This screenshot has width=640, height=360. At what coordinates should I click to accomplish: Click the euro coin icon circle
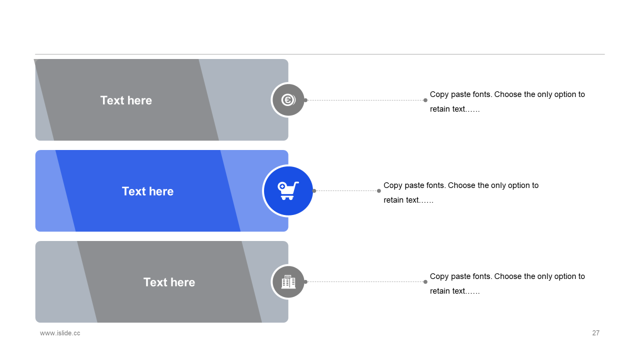point(288,100)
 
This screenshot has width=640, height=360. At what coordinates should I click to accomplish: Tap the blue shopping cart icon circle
point(288,190)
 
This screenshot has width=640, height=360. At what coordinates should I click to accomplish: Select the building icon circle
point(288,281)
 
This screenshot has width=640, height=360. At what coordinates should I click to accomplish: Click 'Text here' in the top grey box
point(126,100)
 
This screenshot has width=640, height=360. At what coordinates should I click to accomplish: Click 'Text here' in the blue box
point(147,191)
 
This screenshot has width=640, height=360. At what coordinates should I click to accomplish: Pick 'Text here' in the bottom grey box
point(169,282)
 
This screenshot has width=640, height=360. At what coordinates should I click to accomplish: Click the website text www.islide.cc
point(60,333)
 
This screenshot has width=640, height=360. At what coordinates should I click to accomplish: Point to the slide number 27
point(595,333)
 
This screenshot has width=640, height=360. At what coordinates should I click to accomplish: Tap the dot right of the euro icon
point(305,100)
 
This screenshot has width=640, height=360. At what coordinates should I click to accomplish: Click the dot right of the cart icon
point(314,190)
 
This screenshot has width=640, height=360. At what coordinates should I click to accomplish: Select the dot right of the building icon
point(305,281)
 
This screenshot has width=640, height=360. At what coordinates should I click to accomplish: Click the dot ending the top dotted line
point(425,100)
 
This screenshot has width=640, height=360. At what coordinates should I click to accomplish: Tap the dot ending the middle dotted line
point(379,190)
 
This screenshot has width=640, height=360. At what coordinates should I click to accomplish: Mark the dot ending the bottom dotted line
point(425,281)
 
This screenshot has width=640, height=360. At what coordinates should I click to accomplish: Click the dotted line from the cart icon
point(346,190)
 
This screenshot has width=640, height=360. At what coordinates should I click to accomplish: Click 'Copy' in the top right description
point(439,94)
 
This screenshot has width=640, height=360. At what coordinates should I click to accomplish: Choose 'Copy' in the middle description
point(392,185)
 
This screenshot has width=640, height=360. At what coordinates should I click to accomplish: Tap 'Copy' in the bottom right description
point(439,276)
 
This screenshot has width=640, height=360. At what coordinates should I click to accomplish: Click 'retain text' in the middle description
point(401,200)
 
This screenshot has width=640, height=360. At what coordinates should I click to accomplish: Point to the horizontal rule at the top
point(320,54)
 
